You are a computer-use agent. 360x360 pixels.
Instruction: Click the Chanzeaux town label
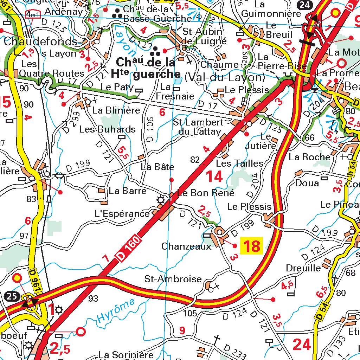[x=186, y=246]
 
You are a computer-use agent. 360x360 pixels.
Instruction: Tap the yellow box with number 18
[x=252, y=246]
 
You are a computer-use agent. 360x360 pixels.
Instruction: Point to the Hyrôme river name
[x=116, y=311]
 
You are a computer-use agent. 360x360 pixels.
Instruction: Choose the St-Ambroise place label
[x=173, y=279]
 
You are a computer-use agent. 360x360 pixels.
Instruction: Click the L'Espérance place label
[x=122, y=213]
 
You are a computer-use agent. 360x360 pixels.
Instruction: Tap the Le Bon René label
[x=206, y=193]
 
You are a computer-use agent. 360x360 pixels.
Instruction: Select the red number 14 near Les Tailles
[x=214, y=176]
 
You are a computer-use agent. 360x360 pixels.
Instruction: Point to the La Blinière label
[x=116, y=110]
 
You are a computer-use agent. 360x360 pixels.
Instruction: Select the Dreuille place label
[x=303, y=268]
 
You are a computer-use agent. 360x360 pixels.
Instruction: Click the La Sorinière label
[x=126, y=355]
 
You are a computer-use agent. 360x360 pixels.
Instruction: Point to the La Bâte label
[x=157, y=167]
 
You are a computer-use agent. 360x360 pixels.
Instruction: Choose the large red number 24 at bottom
[x=302, y=345]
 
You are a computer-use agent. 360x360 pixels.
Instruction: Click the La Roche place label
[x=309, y=157]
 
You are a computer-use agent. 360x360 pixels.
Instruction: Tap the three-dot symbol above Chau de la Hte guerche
[x=155, y=52]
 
